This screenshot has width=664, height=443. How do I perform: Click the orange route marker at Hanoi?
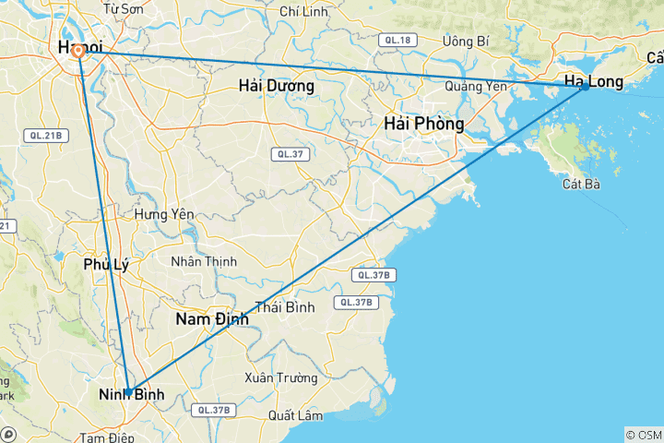79,52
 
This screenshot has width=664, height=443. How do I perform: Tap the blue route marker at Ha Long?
585,86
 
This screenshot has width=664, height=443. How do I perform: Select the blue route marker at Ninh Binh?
128,391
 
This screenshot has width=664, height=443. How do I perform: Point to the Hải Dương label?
276,86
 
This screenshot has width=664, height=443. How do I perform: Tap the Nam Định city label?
212,319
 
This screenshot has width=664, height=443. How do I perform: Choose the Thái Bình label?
286,306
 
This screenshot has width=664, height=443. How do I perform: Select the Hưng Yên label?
164,213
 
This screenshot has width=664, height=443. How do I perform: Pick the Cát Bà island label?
581,184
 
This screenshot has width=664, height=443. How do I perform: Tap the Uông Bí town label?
466,42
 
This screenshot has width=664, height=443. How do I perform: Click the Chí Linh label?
302,12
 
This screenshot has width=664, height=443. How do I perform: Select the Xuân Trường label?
281,377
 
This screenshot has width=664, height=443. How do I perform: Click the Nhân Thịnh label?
204,261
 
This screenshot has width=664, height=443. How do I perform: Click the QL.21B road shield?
44,136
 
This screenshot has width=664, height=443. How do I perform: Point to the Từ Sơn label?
123,9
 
